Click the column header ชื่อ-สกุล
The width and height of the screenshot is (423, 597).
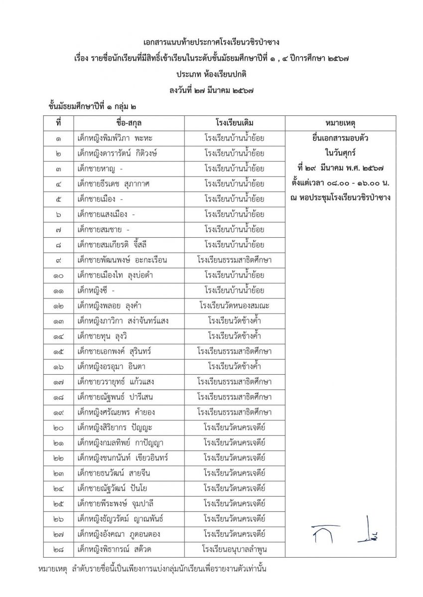coord(129,123)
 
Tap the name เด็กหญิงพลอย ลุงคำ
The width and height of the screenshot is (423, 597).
coord(111,305)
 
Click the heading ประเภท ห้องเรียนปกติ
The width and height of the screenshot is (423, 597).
coord(211,75)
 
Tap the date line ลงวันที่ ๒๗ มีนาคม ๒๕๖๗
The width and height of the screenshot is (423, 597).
coord(211,91)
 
